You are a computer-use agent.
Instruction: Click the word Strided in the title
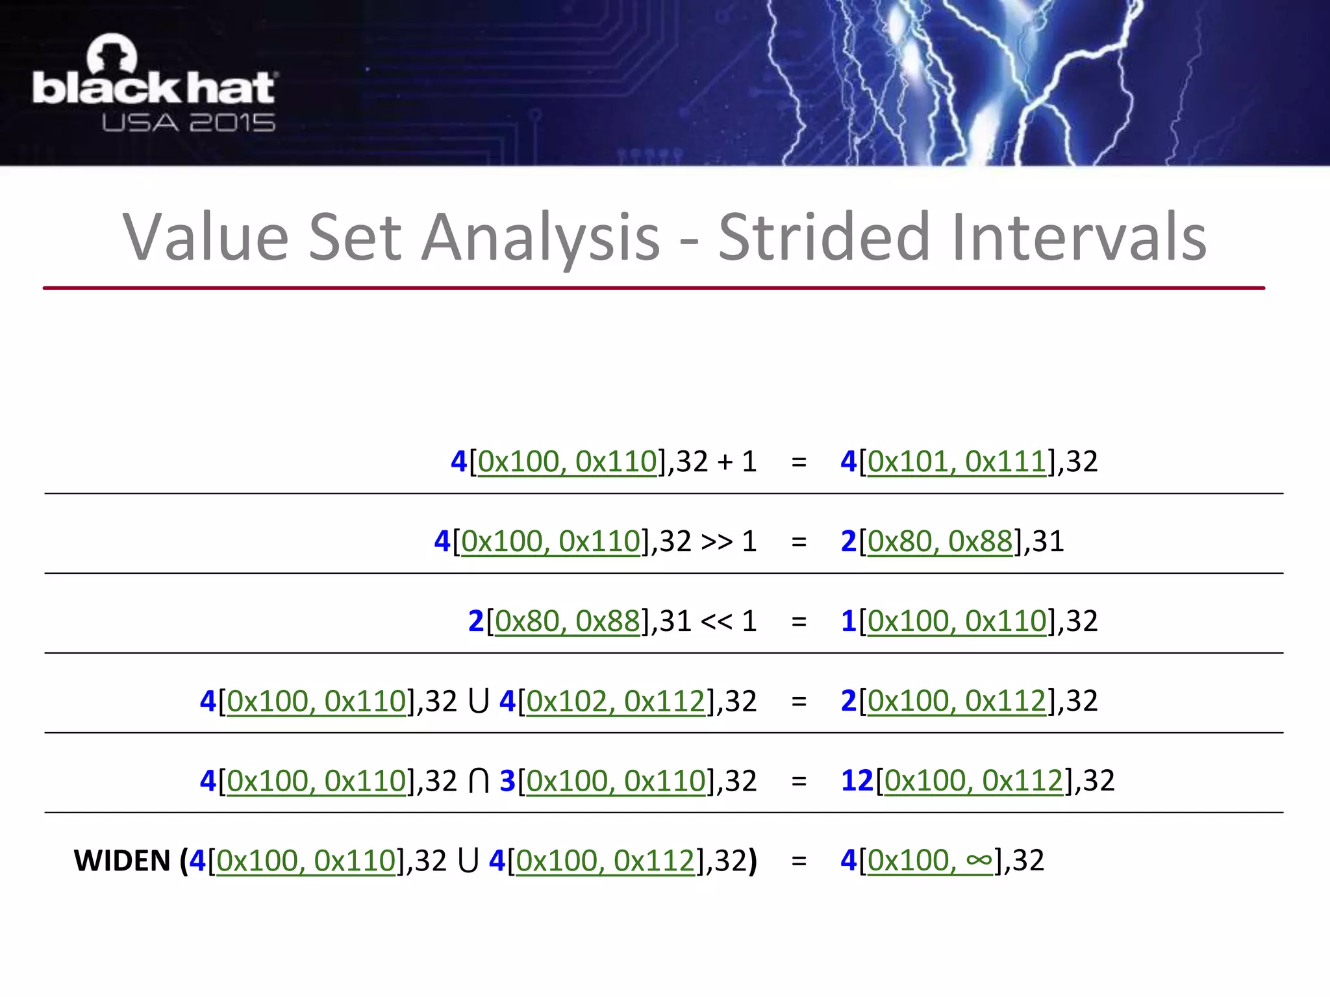(824, 238)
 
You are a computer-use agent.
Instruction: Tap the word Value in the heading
(206, 238)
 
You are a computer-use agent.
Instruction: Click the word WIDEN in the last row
(122, 861)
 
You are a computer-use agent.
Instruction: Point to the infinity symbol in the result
(979, 861)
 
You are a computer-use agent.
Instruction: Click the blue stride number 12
(857, 781)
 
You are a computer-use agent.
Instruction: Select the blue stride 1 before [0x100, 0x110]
(848, 621)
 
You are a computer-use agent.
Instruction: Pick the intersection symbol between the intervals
(479, 781)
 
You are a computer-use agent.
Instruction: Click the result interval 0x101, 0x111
(957, 462)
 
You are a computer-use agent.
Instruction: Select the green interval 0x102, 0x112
(615, 702)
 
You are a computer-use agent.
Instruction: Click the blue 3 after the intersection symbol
(507, 781)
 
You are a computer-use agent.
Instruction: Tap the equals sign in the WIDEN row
(799, 861)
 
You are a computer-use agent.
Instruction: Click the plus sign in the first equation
(725, 462)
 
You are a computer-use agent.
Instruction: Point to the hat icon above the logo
(112, 53)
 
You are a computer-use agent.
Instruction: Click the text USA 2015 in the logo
(188, 123)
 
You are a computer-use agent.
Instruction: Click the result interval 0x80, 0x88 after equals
(940, 541)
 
